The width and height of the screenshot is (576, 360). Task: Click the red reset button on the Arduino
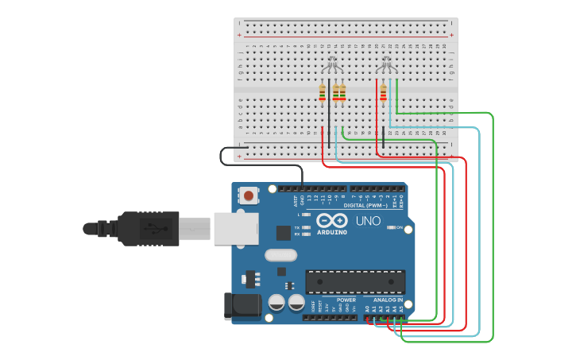click(x=249, y=195)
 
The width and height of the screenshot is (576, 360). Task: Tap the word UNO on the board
click(x=367, y=221)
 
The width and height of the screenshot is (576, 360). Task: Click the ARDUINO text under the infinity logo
click(x=332, y=232)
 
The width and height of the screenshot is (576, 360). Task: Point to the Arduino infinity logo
click(x=331, y=220)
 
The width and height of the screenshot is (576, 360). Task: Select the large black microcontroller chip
click(x=355, y=281)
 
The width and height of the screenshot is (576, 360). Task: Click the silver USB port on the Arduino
click(x=236, y=228)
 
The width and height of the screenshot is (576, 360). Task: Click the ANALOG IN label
click(x=389, y=300)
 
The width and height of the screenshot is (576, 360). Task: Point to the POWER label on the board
click(x=346, y=300)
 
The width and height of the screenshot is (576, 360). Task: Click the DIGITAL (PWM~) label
click(x=365, y=205)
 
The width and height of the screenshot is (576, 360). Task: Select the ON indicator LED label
click(x=400, y=227)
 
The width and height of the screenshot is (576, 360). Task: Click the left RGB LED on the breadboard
click(x=332, y=64)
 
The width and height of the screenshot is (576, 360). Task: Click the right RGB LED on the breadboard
click(x=386, y=63)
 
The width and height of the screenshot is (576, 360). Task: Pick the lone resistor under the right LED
click(x=383, y=93)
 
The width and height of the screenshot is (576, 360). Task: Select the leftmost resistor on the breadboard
click(x=322, y=93)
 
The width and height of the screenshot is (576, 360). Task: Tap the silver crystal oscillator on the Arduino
click(x=280, y=255)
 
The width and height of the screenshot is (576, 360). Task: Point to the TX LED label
click(x=297, y=227)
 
